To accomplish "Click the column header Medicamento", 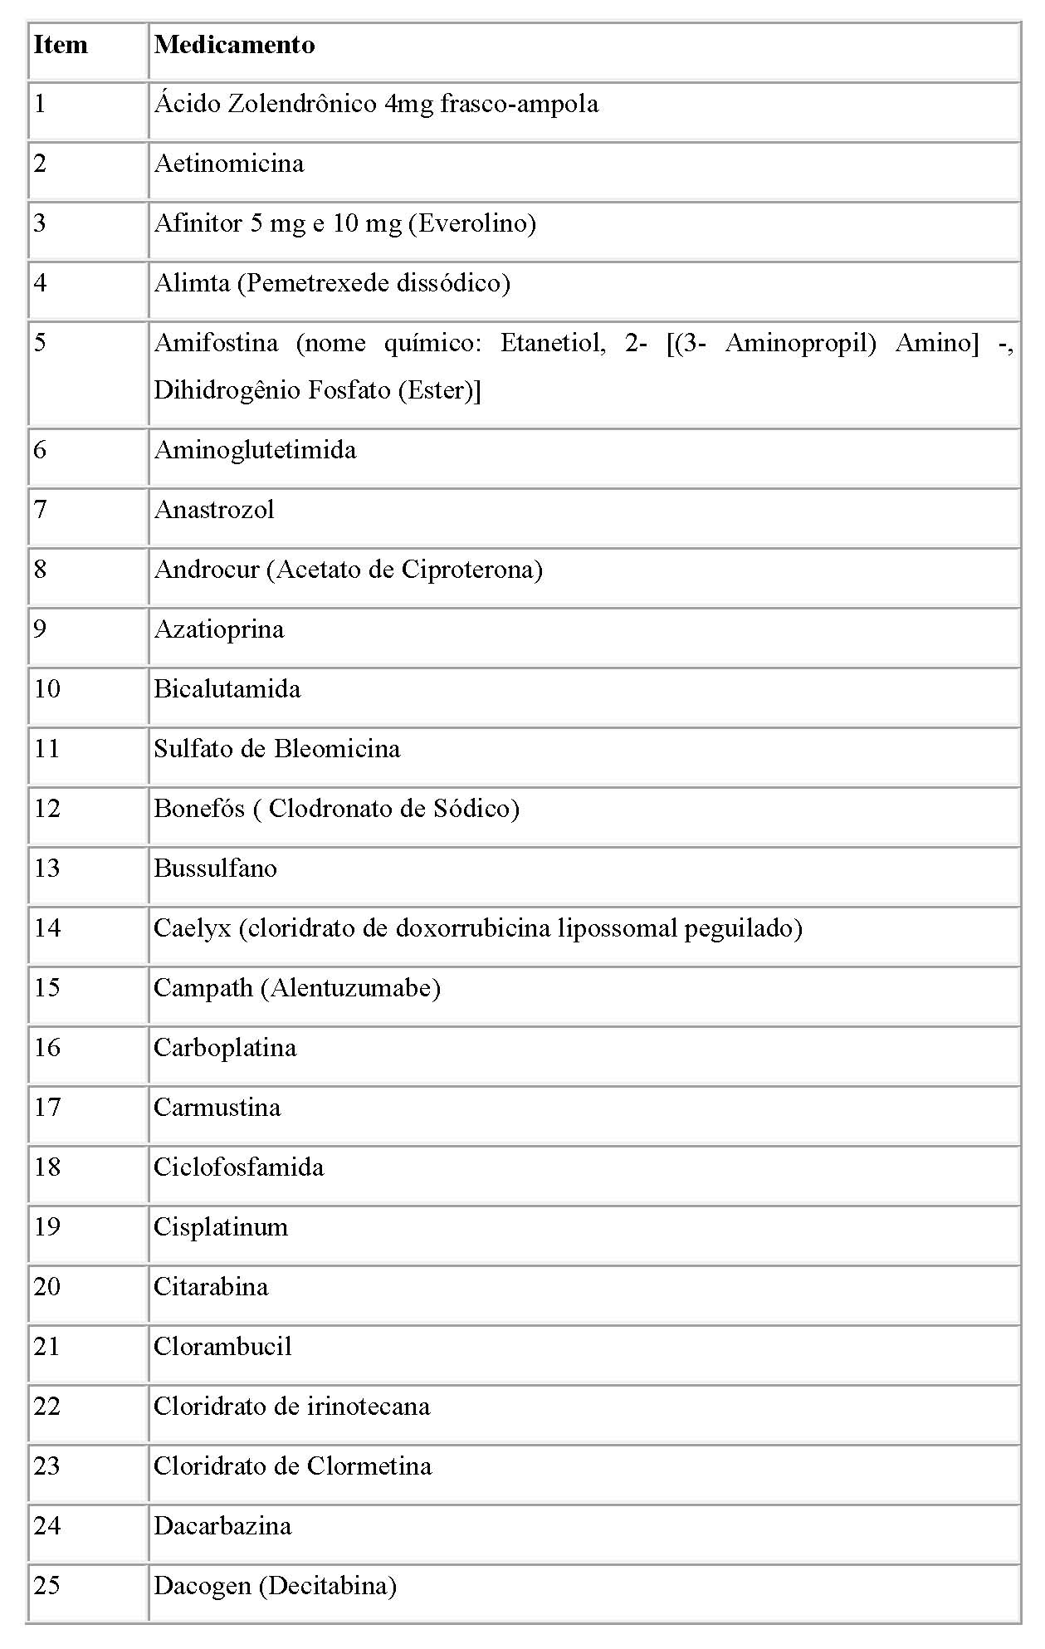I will [234, 45].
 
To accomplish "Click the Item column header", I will [61, 45].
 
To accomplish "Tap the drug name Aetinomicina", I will [229, 164].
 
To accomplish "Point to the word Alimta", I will [192, 283].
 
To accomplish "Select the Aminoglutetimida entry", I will [255, 450].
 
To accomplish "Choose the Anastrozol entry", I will [214, 510].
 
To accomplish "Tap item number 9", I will [40, 629].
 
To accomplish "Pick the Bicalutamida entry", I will [227, 689].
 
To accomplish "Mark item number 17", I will [46, 1108].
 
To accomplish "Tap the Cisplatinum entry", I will [221, 1227].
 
